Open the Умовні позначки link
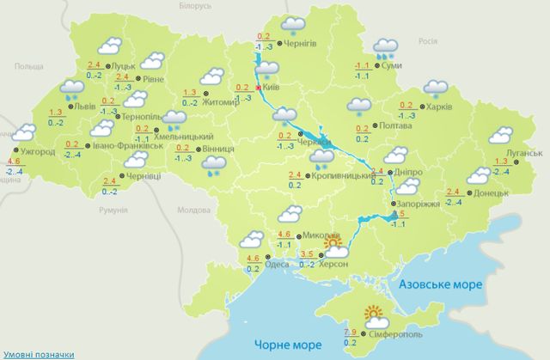point(37,353)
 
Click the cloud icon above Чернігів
point(295,24)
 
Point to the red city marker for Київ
point(259,88)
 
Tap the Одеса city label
point(278,264)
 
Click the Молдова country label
point(192,210)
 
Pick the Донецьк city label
point(490,193)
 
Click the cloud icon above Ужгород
point(26,132)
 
